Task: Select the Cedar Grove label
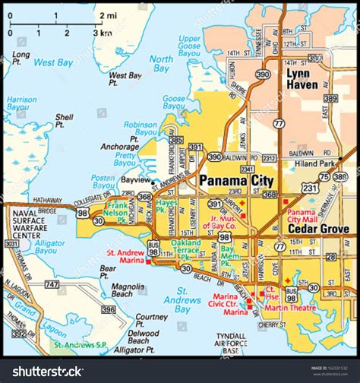318,229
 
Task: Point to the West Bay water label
52,61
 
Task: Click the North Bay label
160,64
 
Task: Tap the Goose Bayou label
175,103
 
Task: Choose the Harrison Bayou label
21,104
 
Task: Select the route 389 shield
330,99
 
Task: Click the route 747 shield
52,284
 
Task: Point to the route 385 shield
176,140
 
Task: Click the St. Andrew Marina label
125,256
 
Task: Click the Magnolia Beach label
128,291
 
